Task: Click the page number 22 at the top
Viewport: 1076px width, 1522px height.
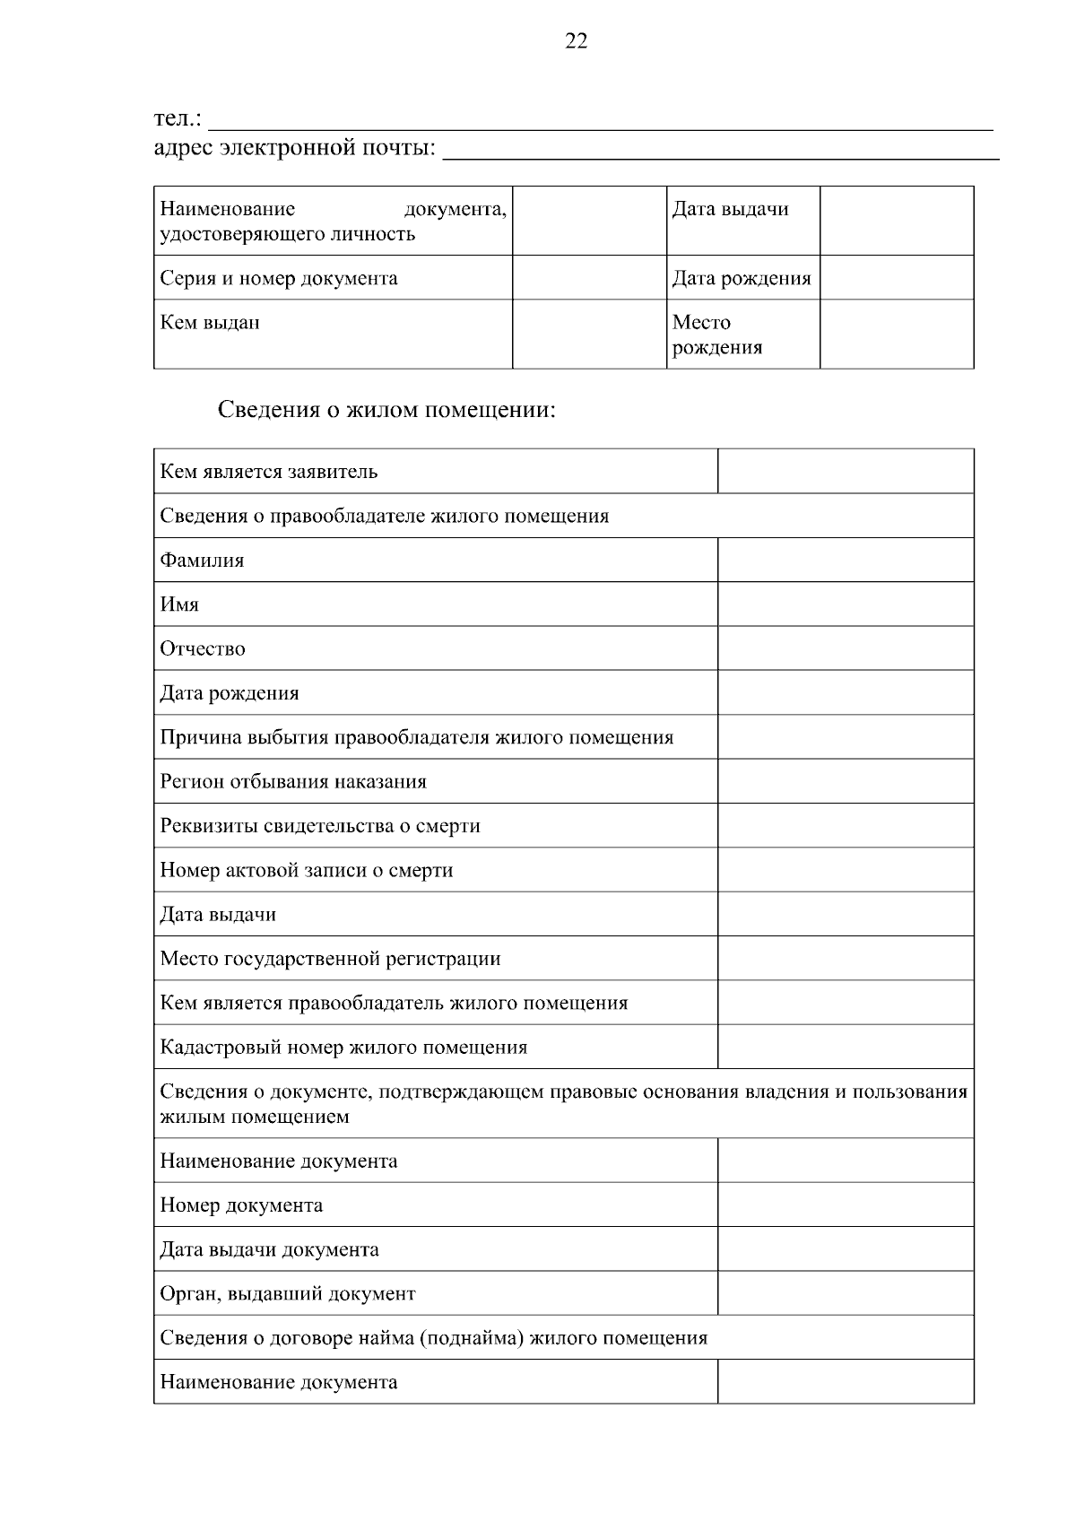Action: (x=576, y=40)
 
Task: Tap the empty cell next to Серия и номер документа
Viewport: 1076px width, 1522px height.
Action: (x=589, y=278)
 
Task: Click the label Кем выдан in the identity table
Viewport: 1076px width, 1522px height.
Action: (x=210, y=322)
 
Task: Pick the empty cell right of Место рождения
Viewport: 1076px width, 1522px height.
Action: (x=896, y=335)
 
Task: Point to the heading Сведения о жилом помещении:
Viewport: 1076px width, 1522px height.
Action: (x=387, y=410)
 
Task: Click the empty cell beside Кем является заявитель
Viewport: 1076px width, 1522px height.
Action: (x=845, y=472)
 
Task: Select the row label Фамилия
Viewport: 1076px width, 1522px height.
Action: (x=202, y=561)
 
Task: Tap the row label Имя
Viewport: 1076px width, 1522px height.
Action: (x=179, y=604)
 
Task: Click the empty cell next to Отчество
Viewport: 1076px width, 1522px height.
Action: (x=845, y=648)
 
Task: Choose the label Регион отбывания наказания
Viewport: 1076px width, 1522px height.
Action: (x=293, y=781)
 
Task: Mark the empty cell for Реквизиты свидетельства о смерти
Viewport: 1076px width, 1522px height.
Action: (x=845, y=825)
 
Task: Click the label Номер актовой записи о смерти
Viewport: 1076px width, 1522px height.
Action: (x=307, y=870)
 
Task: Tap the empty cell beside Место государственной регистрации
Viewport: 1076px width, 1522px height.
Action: (x=845, y=958)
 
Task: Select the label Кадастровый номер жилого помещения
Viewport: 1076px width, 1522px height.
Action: (x=343, y=1047)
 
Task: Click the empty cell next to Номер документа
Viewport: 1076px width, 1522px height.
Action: (x=845, y=1205)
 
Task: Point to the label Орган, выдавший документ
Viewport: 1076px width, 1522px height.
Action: (x=288, y=1293)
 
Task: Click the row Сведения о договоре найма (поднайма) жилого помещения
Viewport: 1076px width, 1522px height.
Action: (x=434, y=1338)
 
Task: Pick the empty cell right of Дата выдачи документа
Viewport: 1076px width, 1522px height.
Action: (x=845, y=1249)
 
